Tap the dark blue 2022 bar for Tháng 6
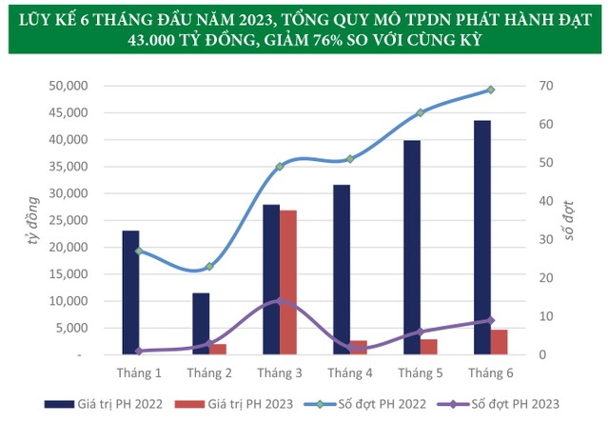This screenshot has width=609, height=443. pos(481,237)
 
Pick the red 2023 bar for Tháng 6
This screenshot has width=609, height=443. pos(500,342)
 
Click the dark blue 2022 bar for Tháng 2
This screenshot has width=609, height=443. pos(201,324)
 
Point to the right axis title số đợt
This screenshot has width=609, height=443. pos(570,221)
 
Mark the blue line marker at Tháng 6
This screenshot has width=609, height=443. pos(490,90)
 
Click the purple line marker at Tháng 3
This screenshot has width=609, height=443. pos(280,301)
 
